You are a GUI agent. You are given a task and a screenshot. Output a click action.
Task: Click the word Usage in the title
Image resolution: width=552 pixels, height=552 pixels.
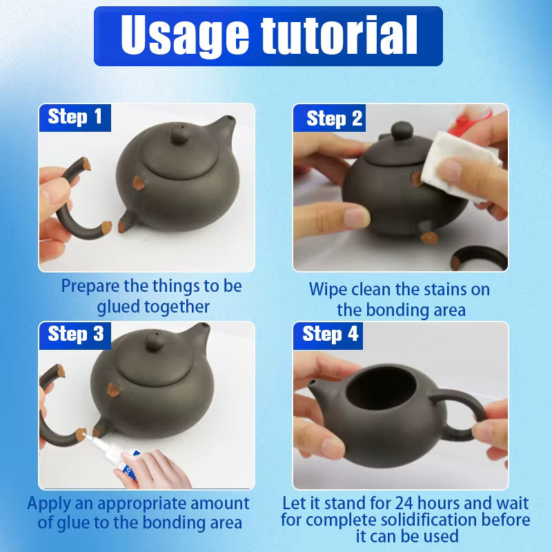click(185, 36)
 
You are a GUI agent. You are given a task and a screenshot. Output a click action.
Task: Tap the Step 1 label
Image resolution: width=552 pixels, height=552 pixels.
click(75, 117)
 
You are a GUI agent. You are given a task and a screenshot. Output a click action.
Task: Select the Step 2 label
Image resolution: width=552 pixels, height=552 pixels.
click(330, 118)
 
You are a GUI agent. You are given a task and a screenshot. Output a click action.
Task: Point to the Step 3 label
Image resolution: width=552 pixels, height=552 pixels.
click(75, 335)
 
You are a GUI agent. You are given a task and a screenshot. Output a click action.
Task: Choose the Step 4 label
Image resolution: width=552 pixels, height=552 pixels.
click(328, 335)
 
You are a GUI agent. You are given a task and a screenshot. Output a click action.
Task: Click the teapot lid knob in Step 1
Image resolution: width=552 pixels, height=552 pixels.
click(180, 134)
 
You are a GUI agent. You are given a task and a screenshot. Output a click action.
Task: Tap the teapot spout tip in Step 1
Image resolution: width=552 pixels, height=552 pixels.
click(230, 119)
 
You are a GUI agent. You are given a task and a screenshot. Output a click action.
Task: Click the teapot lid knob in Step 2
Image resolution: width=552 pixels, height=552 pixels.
click(402, 130)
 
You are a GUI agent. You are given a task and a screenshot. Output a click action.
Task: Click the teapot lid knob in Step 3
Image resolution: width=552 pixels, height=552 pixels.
click(155, 342)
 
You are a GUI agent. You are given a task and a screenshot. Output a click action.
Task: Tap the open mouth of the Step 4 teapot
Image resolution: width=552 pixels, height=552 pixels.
click(381, 387)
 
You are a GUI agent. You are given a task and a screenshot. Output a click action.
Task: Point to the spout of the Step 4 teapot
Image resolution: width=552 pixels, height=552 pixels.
click(319, 390)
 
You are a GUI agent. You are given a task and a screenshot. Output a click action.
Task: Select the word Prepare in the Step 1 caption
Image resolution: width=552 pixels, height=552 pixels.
click(90, 286)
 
